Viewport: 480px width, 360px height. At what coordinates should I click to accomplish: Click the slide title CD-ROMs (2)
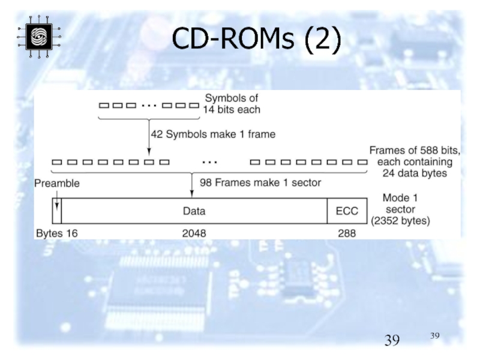pos(256,40)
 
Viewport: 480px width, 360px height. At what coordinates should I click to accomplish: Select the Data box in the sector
pos(194,211)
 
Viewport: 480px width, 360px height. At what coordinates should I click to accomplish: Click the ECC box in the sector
pos(346,211)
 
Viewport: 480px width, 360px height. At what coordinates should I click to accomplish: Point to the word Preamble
pos(57,183)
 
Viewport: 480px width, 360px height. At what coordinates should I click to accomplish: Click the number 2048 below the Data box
pos(194,233)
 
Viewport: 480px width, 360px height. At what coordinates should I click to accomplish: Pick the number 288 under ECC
pos(346,233)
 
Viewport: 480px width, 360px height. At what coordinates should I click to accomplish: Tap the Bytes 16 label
pos(57,233)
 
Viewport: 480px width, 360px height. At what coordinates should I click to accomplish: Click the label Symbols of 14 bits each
pos(233,104)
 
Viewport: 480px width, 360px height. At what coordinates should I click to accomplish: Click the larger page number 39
pos(392,341)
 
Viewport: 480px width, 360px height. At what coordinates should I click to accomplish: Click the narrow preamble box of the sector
pos(57,211)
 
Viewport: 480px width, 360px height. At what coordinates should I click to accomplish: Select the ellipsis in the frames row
pos(209,162)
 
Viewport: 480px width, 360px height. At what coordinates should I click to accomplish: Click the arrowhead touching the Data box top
pos(191,193)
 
